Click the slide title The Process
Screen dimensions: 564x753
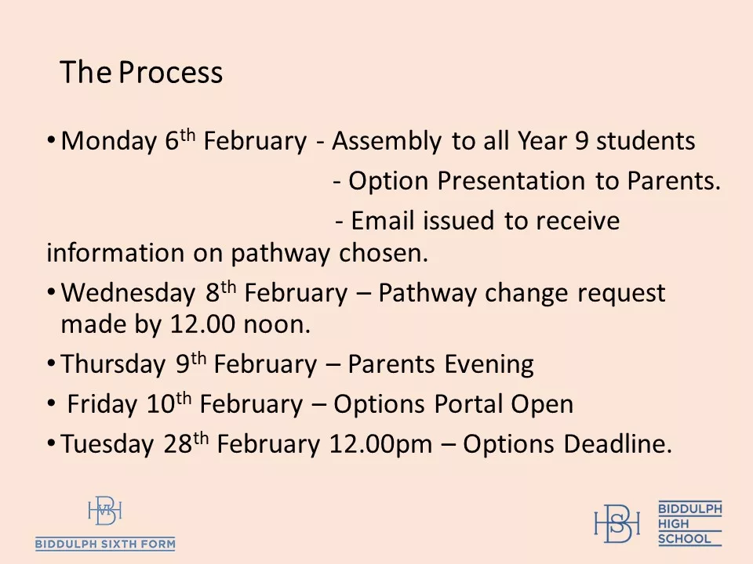(x=141, y=73)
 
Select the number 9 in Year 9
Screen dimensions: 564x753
(x=581, y=142)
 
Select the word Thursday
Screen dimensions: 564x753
(x=113, y=365)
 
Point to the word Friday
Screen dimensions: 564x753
(x=103, y=405)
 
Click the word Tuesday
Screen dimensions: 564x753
(x=107, y=445)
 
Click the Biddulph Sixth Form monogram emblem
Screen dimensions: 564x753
(x=105, y=512)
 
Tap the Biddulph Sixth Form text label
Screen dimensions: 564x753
(x=105, y=544)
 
